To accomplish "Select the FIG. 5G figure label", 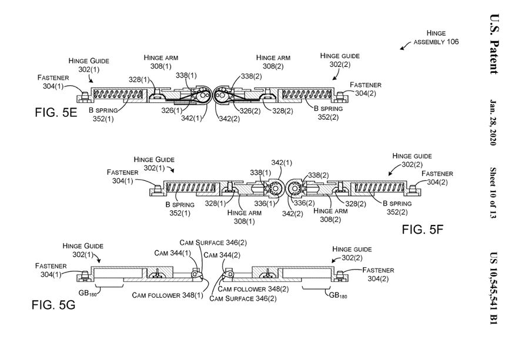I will tap(54, 306).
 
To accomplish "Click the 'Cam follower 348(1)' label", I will tap(168, 295).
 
